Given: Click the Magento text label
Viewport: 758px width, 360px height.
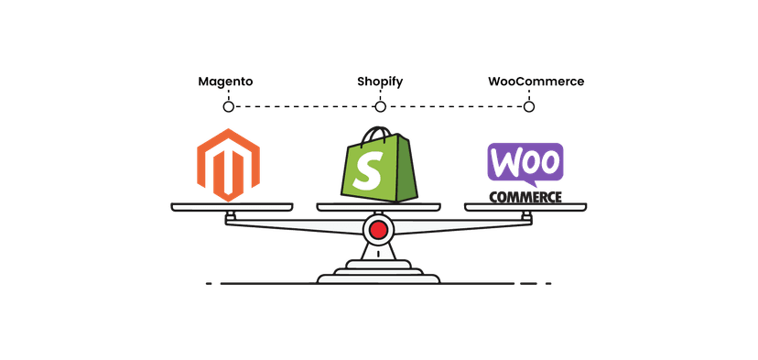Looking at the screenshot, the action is [x=225, y=82].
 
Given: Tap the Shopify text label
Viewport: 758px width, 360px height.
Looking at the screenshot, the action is [x=379, y=82].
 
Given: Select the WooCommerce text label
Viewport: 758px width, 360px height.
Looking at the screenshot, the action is [x=536, y=82].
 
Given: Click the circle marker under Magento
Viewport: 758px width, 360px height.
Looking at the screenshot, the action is [x=228, y=107].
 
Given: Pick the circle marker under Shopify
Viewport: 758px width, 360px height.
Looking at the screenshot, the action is [x=380, y=107].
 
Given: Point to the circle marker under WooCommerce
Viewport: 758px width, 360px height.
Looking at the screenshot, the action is [x=528, y=107].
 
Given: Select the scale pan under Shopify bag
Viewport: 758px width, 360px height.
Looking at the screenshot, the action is [x=378, y=206].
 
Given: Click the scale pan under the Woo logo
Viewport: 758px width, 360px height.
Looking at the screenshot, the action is [x=525, y=207].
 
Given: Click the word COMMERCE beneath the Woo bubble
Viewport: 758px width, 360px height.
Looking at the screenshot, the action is [x=525, y=195].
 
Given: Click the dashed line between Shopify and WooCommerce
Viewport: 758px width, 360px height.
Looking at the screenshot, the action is [x=454, y=107].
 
